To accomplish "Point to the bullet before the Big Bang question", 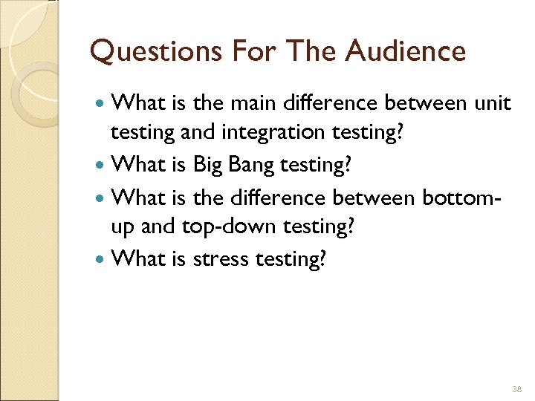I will pos(101,165).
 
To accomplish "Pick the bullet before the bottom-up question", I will pos(101,197).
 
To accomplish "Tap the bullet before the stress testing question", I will pos(101,260).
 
